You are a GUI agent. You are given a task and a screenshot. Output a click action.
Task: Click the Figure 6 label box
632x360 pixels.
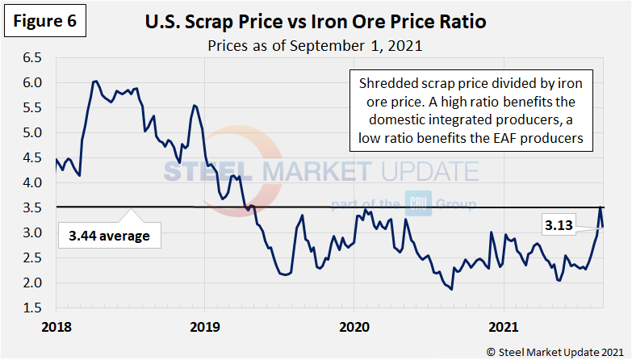pyautogui.click(x=45, y=22)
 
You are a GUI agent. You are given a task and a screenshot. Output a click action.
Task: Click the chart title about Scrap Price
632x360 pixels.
pyautogui.click(x=315, y=22)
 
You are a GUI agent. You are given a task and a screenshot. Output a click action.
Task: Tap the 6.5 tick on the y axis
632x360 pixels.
pyautogui.click(x=32, y=58)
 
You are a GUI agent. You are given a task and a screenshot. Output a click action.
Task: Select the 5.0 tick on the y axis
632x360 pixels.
pyautogui.click(x=32, y=133)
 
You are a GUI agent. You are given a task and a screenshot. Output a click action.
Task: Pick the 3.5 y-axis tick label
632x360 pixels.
pyautogui.click(x=32, y=208)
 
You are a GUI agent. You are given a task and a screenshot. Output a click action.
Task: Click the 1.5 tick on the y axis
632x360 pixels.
pyautogui.click(x=32, y=308)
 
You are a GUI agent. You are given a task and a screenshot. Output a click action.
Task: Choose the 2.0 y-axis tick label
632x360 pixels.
pyautogui.click(x=32, y=283)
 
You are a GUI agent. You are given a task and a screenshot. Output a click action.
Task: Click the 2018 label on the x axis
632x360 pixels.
pyautogui.click(x=57, y=326)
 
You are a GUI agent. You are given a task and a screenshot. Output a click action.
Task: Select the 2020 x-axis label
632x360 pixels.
pyautogui.click(x=354, y=326)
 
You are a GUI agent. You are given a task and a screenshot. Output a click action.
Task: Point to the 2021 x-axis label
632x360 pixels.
pyautogui.click(x=504, y=326)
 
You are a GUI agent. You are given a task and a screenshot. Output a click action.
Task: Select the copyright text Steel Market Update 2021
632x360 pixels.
pyautogui.click(x=555, y=350)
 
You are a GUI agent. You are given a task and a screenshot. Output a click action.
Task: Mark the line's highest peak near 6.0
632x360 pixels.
pyautogui.click(x=95, y=82)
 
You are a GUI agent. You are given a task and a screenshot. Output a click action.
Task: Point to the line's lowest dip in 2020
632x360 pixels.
pyautogui.click(x=451, y=289)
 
